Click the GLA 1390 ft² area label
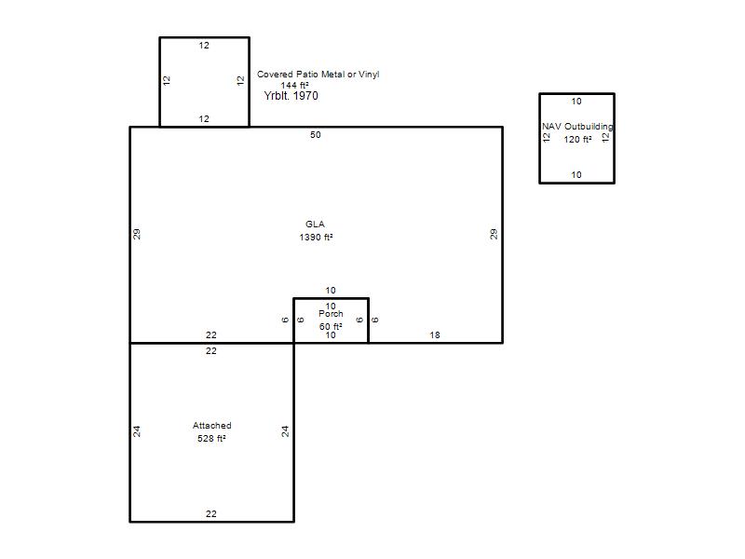[316, 230]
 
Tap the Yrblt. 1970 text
[291, 96]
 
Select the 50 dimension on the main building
[316, 135]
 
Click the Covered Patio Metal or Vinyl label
[318, 75]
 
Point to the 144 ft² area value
[294, 86]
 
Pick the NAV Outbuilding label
[577, 127]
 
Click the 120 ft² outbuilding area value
[577, 139]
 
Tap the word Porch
[331, 314]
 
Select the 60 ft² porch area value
[331, 327]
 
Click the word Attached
[212, 426]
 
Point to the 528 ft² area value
[211, 438]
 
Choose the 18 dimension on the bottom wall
[435, 335]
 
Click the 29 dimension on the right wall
[494, 234]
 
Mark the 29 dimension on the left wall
[137, 234]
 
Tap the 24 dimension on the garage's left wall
[137, 431]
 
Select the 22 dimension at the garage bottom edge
[211, 514]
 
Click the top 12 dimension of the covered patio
[204, 45]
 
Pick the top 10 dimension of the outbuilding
[576, 102]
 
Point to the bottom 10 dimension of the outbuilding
[576, 175]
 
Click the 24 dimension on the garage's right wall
[285, 431]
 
